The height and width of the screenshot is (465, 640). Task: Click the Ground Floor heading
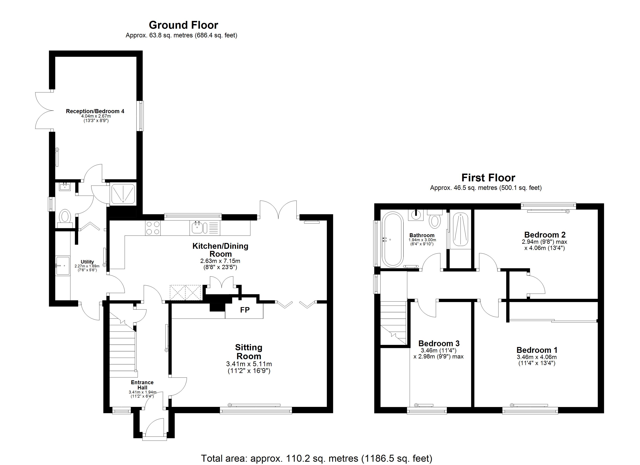pos(183,25)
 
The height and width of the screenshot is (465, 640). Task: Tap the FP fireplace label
pos(245,310)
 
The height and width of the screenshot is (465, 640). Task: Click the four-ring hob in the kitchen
pos(153,228)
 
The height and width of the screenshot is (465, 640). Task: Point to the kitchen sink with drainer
pos(205,228)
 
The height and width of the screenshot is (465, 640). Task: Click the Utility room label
pos(87,262)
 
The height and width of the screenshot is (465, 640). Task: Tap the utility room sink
pos(63,266)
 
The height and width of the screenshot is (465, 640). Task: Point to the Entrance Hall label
pos(142,385)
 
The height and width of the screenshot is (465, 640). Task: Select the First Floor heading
pos(488,178)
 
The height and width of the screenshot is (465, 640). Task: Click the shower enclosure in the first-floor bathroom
pos(460,229)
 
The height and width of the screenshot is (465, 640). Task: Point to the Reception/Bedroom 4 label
pos(95,111)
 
